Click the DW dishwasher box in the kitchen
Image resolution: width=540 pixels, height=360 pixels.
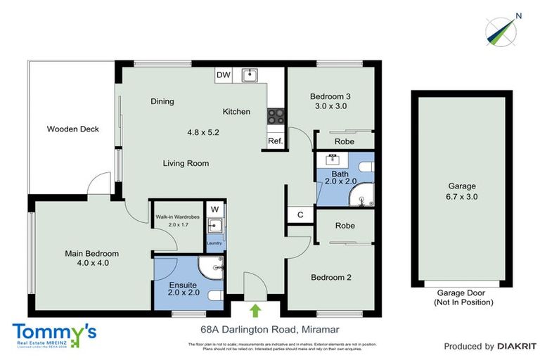pos(224,75)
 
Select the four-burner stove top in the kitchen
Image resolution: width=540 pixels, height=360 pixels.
pos(276,117)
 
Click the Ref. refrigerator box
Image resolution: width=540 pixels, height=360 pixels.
pos(275,141)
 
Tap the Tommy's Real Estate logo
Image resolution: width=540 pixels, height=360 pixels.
pos(53,335)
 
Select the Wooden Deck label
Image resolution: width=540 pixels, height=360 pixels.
pos(73,129)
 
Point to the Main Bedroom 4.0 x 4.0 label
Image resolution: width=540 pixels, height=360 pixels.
pos(92,258)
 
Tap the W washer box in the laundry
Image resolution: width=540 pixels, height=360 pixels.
pos(215,209)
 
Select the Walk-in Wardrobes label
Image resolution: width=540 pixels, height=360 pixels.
pos(178,220)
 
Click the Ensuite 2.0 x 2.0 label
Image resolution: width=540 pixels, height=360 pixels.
pos(184,288)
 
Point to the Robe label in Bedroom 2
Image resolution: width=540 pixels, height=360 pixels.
pos(344,226)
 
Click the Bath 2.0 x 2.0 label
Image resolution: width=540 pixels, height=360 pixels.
pos(340,176)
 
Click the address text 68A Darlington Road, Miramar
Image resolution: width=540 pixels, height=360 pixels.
pos(250,328)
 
